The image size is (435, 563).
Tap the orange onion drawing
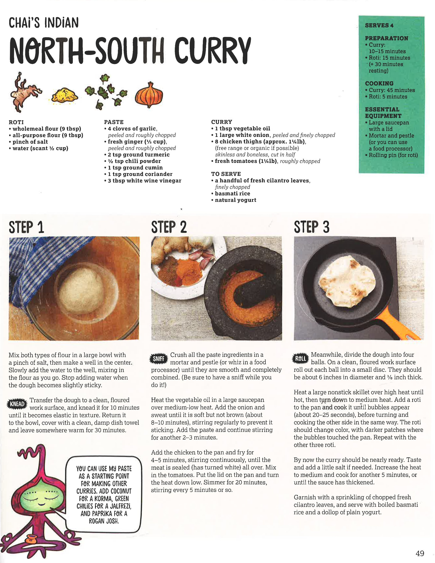point(149,95)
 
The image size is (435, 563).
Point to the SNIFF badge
point(159,359)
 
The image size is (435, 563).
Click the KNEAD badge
point(17,404)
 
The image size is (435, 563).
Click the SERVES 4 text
point(379,25)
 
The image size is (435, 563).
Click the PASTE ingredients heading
point(114,122)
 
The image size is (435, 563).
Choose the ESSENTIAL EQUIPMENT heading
point(383,113)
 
